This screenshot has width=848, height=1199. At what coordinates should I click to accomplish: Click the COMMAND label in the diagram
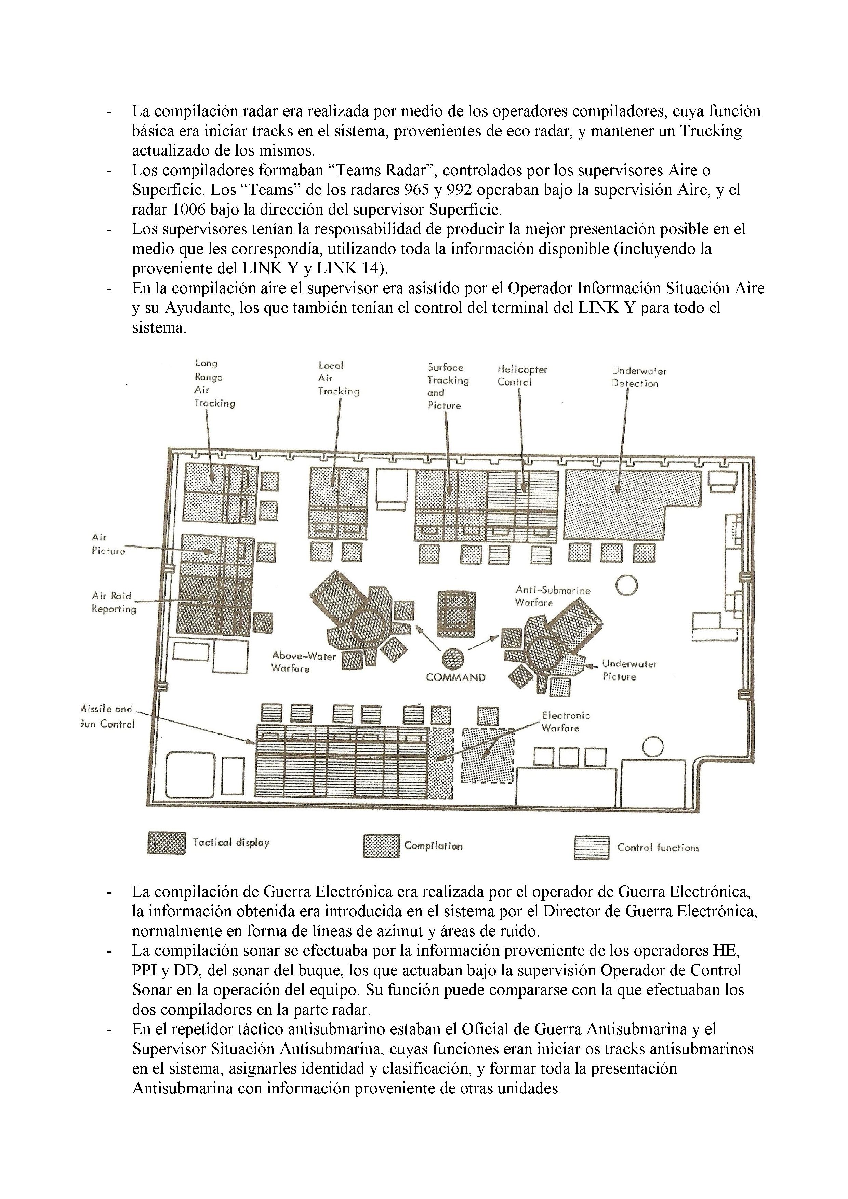point(455,677)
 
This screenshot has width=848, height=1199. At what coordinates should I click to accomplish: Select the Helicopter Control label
point(522,376)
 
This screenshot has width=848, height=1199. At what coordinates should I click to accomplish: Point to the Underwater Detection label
point(638,377)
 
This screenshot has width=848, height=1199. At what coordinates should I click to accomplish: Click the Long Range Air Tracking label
point(214,383)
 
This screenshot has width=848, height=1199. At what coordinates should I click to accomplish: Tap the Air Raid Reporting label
point(114,602)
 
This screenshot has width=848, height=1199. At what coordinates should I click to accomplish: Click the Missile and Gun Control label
point(108,716)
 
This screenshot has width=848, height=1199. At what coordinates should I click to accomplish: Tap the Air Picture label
point(108,544)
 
